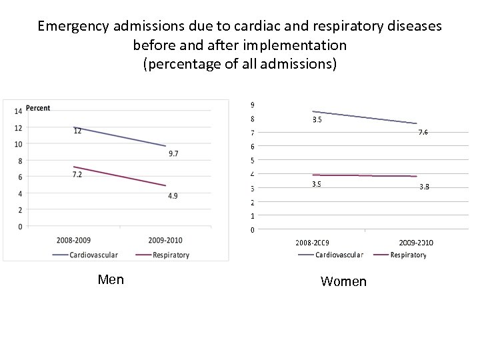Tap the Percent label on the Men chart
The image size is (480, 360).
tap(38, 108)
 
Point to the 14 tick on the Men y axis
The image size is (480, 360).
tap(18, 111)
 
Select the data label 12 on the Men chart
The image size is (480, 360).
tap(77, 131)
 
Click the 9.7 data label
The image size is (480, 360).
tap(173, 154)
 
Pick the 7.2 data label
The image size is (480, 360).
tap(77, 174)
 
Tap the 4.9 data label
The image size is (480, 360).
tap(173, 195)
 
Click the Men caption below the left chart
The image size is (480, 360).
tap(111, 279)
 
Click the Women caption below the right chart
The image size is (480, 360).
tap(343, 281)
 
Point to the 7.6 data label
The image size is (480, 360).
tap(423, 132)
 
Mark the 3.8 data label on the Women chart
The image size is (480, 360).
tap(424, 187)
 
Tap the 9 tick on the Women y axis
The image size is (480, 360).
tap(252, 105)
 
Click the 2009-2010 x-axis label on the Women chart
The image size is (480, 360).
tap(416, 243)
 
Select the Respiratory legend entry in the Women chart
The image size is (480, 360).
tap(408, 255)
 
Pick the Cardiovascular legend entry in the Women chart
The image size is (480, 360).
tap(339, 255)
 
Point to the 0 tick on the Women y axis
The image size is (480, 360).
tap(252, 230)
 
